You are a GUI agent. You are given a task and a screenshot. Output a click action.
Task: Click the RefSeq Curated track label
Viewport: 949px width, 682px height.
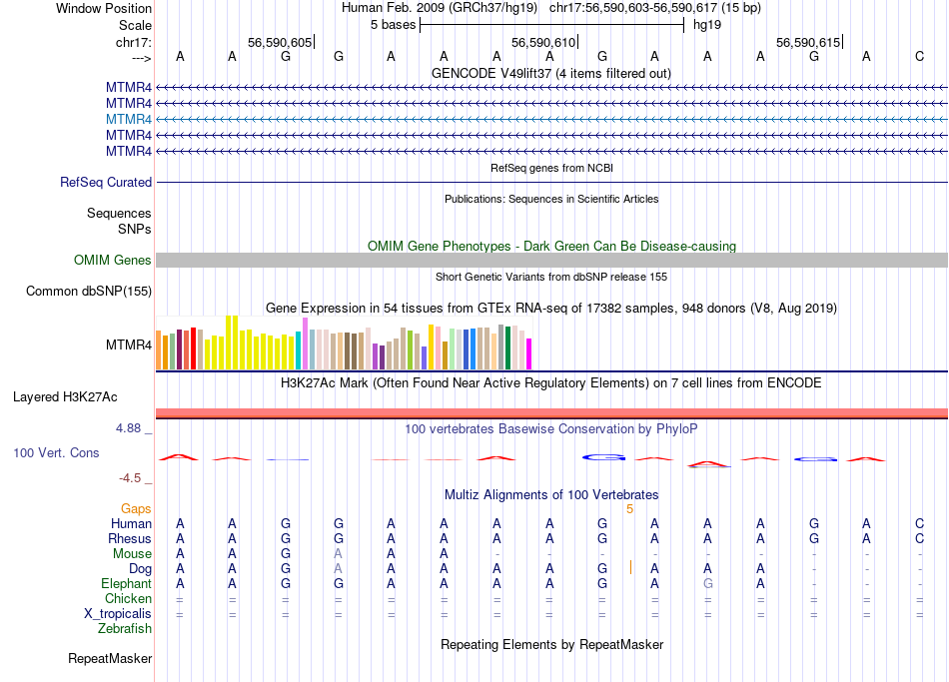106,183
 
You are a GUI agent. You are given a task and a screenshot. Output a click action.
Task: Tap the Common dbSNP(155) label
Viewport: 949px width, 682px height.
89,292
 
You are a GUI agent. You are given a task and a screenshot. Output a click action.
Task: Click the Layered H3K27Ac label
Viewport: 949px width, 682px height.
65,397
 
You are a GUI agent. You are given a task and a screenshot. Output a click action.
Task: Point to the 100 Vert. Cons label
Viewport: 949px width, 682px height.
56,453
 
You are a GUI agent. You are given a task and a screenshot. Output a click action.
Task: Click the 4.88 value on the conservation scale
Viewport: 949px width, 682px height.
131,428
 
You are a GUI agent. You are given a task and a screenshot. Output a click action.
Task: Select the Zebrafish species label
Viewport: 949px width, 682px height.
125,629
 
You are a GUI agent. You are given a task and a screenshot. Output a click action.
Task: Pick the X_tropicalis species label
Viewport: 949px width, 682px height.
118,614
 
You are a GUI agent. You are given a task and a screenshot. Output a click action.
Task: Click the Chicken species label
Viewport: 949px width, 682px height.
128,599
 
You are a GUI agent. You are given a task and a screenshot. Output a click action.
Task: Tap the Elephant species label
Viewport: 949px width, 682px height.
126,584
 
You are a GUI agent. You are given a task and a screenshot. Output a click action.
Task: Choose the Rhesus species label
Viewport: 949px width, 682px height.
130,539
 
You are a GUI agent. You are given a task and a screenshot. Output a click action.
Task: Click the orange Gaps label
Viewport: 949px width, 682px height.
136,509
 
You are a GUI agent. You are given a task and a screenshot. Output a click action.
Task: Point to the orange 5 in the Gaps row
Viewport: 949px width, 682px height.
629,509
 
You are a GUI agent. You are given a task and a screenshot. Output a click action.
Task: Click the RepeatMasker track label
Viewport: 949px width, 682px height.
110,659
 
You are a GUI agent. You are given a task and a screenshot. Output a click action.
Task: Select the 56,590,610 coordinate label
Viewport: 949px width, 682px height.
543,43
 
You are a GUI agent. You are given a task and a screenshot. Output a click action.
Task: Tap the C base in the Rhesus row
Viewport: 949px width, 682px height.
919,539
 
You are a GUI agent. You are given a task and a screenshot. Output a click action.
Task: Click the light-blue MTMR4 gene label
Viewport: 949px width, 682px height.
129,119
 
